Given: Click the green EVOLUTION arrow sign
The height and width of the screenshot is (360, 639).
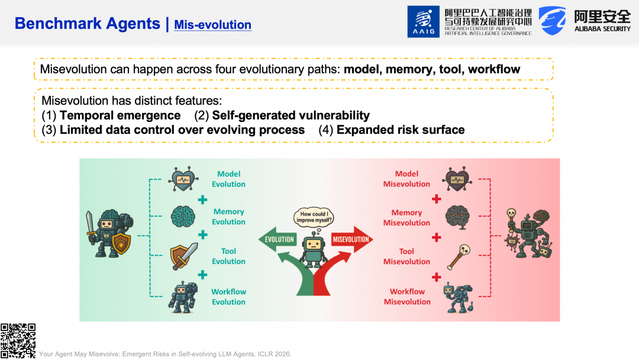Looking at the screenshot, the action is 277,239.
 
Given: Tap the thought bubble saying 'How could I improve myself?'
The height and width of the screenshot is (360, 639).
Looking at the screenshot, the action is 314,217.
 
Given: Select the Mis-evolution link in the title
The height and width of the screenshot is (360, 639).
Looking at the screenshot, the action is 213,25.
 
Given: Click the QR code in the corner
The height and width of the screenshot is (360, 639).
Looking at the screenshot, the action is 18,341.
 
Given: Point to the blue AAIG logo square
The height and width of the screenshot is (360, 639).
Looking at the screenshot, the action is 424,21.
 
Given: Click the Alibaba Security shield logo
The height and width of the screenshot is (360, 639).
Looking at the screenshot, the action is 552,21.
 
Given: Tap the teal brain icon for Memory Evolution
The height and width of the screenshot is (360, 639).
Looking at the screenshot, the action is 183,216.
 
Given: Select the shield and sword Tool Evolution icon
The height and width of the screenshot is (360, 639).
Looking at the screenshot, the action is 184,256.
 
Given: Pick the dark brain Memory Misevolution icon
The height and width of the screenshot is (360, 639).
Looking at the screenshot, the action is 457,217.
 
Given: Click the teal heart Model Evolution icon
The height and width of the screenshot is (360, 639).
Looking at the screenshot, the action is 183,179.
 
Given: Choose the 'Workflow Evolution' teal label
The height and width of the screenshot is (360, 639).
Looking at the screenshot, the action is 228,297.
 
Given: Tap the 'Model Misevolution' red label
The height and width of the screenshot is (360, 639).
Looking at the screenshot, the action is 406,179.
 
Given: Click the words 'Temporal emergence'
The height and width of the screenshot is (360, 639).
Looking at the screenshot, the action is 120,115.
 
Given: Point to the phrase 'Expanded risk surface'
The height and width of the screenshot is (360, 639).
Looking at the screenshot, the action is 401,130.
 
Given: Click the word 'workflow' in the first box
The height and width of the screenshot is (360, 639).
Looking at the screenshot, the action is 494,69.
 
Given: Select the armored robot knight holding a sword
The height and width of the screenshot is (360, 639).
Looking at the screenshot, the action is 109,234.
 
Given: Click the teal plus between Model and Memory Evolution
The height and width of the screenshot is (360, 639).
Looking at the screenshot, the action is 202,200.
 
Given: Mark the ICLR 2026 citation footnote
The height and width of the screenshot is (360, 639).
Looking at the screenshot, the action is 165,354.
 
